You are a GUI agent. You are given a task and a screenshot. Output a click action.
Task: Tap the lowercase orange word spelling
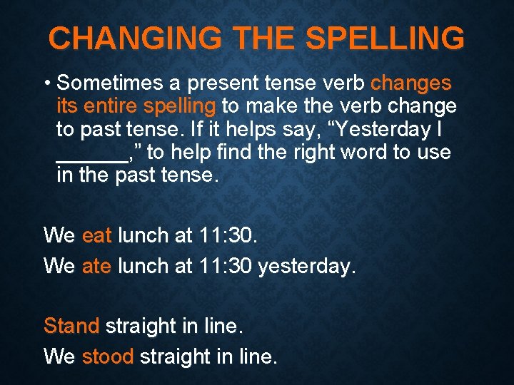click(179, 107)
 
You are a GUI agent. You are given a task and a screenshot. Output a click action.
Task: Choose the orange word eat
click(97, 235)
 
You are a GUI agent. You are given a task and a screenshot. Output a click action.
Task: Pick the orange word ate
click(97, 266)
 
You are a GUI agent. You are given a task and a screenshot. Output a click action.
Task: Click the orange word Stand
click(71, 326)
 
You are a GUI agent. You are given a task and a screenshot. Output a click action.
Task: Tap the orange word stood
click(108, 356)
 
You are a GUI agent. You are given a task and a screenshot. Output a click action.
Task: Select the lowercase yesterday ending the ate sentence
click(306, 267)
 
